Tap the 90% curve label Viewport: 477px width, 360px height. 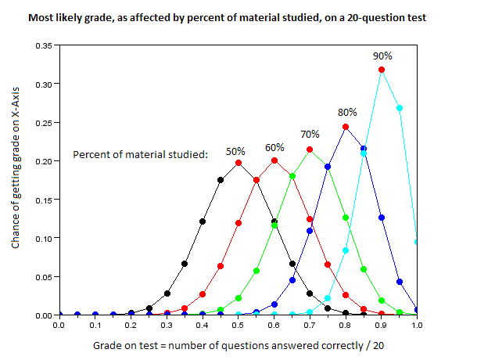click(382, 56)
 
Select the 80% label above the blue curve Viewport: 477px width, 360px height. click(346, 112)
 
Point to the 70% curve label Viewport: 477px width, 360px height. click(310, 134)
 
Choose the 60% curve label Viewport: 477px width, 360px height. click(274, 147)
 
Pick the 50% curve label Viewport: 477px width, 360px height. click(236, 151)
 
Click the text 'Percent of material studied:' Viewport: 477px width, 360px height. click(140, 154)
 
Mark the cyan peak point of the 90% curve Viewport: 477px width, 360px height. click(382, 70)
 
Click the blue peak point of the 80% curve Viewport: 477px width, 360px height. click(346, 127)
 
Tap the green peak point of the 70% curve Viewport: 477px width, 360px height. click(310, 149)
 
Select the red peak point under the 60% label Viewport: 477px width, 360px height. click(274, 160)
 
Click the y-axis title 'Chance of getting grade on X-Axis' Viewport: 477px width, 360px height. click(16, 180)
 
